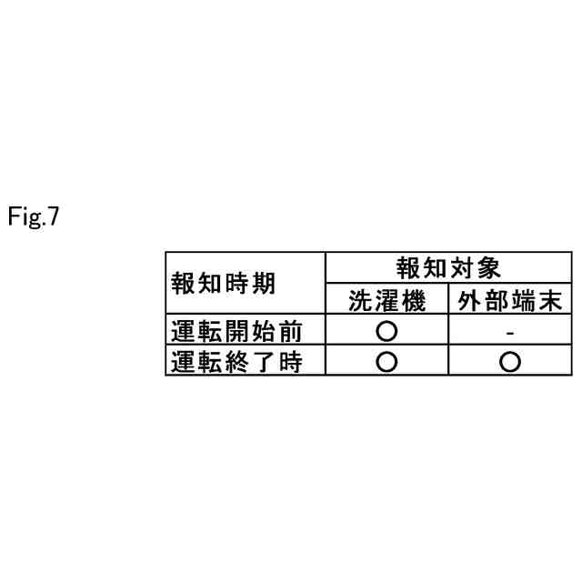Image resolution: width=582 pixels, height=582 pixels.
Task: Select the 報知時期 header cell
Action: (x=223, y=283)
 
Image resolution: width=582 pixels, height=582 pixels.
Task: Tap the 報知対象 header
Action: (x=448, y=267)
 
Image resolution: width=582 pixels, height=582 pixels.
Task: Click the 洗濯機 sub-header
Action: (x=386, y=300)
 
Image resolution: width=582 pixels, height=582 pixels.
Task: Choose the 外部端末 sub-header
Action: (x=510, y=300)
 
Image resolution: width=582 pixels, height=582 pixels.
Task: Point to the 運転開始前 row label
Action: (x=236, y=331)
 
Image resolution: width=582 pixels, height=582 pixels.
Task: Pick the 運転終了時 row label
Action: (x=236, y=362)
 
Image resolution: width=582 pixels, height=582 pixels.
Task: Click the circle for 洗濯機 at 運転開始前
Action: (x=386, y=331)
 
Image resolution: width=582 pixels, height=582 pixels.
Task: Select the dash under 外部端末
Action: (x=510, y=333)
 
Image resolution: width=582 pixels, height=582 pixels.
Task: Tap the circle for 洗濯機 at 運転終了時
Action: (x=386, y=362)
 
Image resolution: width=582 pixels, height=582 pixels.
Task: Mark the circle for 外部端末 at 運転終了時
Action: (x=510, y=362)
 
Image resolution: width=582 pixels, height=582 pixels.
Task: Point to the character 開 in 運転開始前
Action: (x=236, y=331)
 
